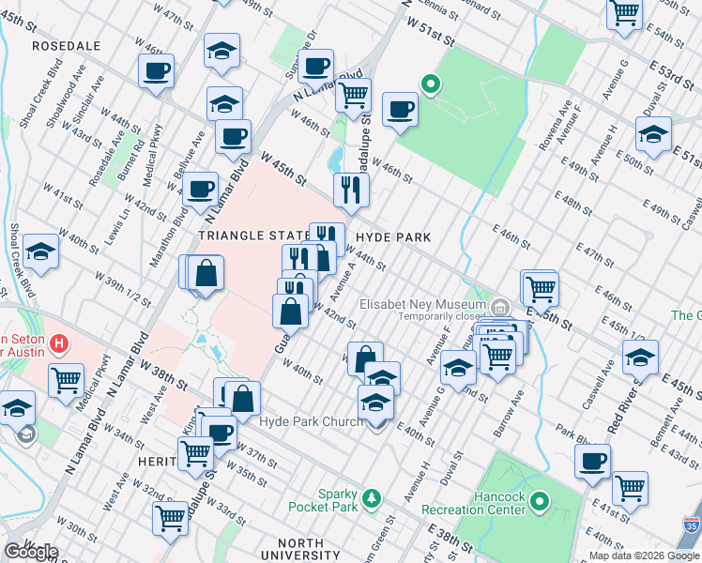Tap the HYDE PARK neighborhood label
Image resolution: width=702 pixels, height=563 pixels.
point(392,237)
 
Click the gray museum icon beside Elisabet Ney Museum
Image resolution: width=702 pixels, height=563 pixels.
point(499,308)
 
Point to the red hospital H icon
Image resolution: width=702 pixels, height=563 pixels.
point(60,343)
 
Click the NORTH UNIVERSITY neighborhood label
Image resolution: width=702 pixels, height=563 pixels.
point(298,544)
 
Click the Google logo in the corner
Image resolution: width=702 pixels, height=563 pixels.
point(30,552)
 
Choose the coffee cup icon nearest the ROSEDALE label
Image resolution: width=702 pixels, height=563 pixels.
point(157,70)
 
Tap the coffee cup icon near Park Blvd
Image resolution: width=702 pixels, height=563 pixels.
point(592,461)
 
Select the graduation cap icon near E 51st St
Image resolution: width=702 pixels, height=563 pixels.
point(653,133)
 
